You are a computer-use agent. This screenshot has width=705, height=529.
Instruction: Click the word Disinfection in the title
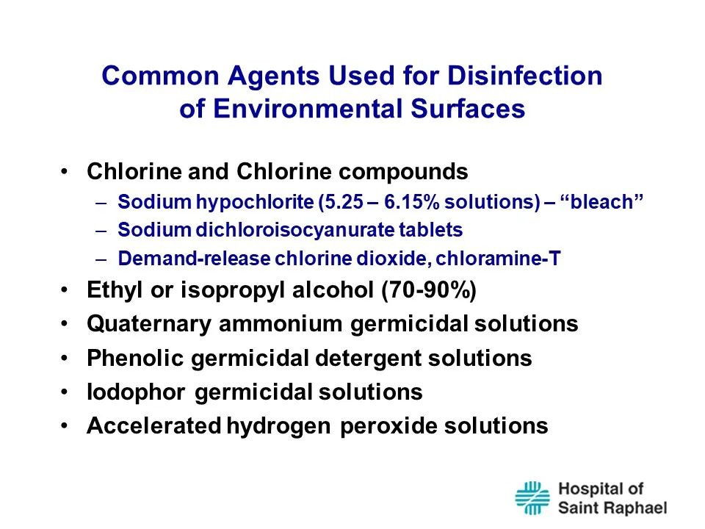click(x=524, y=75)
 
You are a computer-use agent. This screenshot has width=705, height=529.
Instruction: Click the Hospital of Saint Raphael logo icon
click(x=532, y=498)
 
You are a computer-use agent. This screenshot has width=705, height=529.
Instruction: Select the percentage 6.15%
click(x=411, y=202)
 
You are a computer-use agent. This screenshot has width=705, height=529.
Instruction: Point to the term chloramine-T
click(x=498, y=258)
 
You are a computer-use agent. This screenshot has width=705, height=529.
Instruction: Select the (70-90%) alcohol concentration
click(x=429, y=289)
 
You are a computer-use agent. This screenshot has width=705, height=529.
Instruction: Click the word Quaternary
click(x=149, y=324)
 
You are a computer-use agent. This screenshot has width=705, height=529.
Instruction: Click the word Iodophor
click(x=136, y=392)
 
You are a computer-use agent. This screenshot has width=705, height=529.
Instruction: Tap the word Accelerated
click(x=153, y=425)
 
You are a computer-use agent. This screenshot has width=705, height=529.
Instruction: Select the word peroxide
click(x=388, y=426)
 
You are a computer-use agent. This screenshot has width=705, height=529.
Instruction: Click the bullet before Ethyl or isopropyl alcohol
click(x=65, y=290)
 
